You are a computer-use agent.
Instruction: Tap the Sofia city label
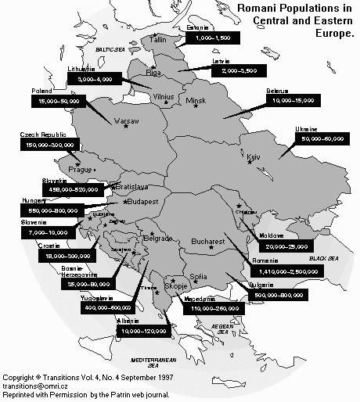click(x=199, y=276)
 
